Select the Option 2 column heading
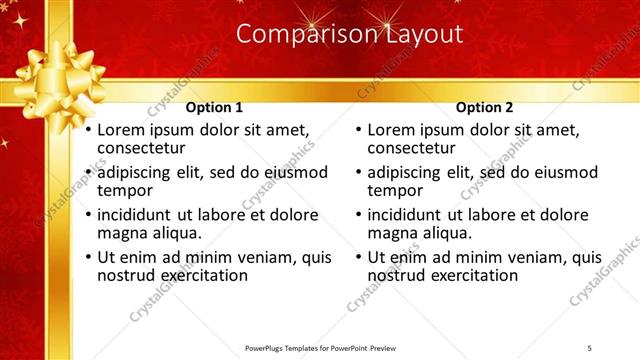[x=484, y=107]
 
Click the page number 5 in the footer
[x=590, y=346]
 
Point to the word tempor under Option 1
[x=124, y=191]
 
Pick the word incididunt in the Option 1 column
[x=137, y=215]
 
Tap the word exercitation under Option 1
[x=199, y=275]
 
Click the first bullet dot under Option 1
[x=88, y=131]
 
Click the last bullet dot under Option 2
[x=359, y=257]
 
